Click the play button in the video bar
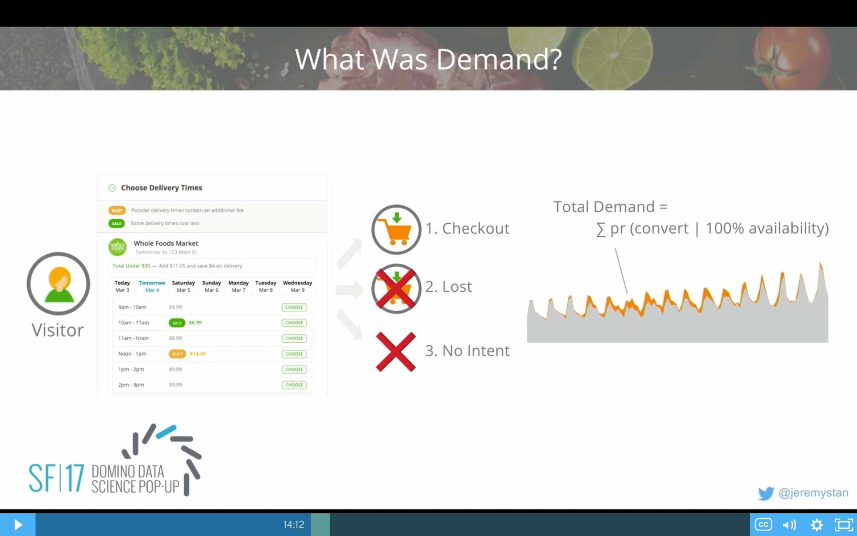[18, 524]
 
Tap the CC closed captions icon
[763, 524]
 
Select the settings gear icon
[816, 524]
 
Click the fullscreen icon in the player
[843, 524]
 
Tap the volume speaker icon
[789, 524]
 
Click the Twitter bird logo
[766, 493]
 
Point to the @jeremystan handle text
[813, 493]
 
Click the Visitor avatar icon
[58, 284]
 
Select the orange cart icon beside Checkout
[396, 230]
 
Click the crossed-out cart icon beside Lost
[396, 289]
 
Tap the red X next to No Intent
[395, 352]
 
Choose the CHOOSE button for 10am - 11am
[294, 322]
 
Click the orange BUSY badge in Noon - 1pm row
[177, 354]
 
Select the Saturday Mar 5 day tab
[183, 286]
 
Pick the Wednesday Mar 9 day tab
[297, 286]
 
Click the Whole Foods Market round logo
[117, 247]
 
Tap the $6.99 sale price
[195, 322]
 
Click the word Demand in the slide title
[499, 59]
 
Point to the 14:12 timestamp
[293, 524]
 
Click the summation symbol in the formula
[601, 230]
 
